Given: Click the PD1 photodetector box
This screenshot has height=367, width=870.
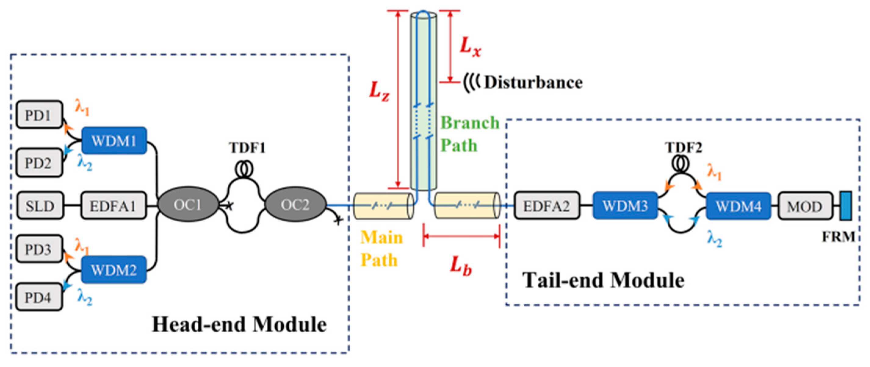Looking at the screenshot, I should point(39,115).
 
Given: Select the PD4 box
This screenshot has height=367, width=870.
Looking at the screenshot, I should point(39,297).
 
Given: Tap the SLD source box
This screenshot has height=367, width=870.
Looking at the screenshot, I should point(40,205).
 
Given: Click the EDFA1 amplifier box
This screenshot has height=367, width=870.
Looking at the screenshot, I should point(114,205).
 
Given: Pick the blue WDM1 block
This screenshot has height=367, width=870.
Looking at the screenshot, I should point(114,141).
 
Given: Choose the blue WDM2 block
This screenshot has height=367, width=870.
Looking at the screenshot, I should point(114,269).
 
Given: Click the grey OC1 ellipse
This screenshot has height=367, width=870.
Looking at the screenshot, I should point(188,205).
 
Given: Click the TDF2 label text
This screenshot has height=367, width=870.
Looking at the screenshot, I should point(683,148).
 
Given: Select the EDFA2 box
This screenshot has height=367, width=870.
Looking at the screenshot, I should point(547,205).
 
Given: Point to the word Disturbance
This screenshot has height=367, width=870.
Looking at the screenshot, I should point(534,83).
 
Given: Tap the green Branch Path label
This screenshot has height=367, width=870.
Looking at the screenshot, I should point(470,134).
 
